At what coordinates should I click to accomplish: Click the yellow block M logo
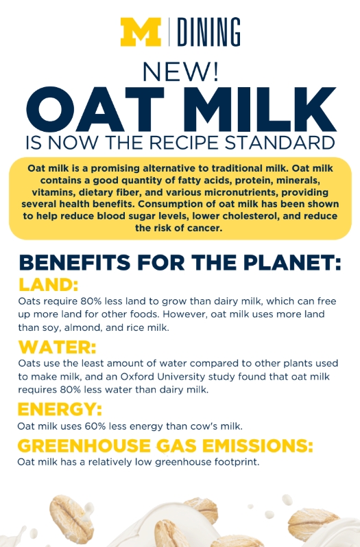tap(141, 32)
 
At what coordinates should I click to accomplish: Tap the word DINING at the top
tap(208, 32)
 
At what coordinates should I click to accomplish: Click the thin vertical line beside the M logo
tap(169, 32)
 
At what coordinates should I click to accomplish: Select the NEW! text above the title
tap(180, 71)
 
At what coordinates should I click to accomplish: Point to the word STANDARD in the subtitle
tap(280, 142)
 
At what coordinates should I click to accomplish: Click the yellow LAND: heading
tap(48, 285)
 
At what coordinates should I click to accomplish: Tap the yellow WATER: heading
tap(57, 347)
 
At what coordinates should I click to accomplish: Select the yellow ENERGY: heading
tap(60, 409)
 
